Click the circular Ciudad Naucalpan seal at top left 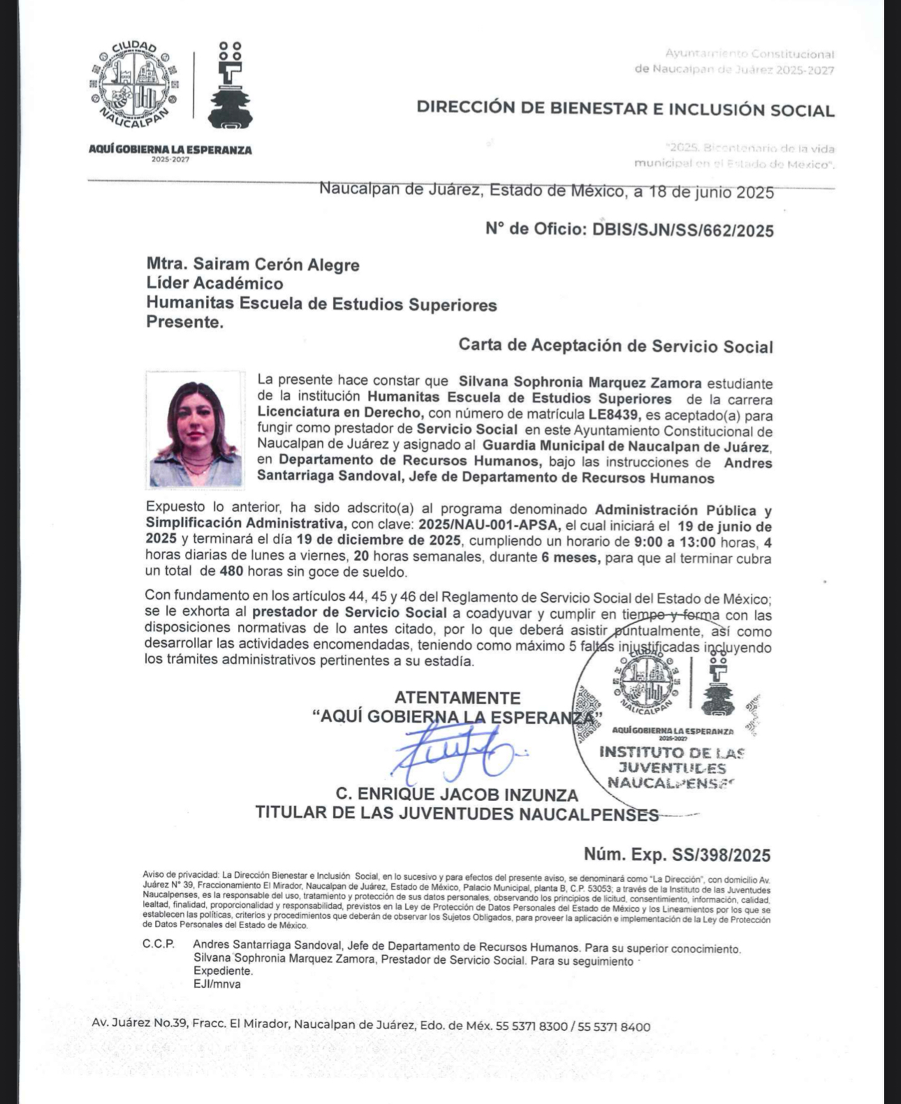[131, 84]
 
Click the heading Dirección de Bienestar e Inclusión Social [625, 109]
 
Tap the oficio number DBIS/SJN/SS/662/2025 [683, 230]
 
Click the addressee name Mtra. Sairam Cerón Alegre [253, 265]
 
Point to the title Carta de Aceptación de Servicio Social [615, 346]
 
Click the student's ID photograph [196, 430]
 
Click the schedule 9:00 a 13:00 [675, 543]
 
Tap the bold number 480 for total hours [231, 572]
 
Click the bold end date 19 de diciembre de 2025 [378, 540]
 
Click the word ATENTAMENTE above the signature [457, 698]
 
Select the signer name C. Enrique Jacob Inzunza [457, 795]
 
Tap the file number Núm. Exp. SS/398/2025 [677, 855]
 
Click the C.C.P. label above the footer [159, 944]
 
